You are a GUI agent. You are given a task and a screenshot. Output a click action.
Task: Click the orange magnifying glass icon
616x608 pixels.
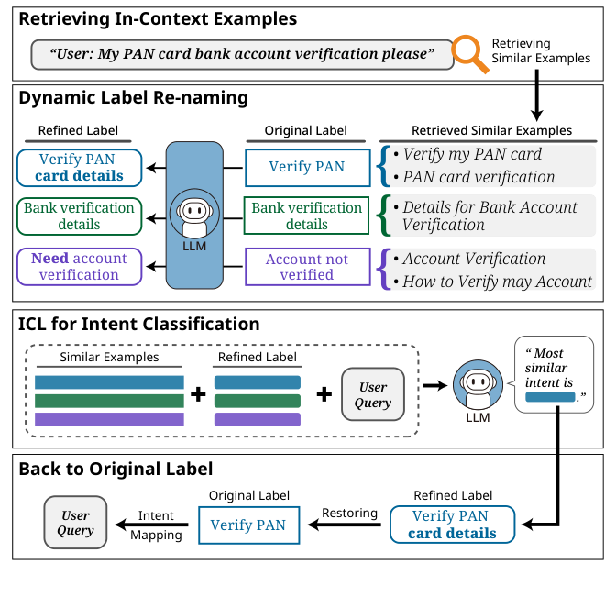(471, 53)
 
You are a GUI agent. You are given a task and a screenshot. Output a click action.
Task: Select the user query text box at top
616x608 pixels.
(242, 54)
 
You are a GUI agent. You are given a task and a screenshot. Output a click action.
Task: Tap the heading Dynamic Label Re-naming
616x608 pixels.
(133, 96)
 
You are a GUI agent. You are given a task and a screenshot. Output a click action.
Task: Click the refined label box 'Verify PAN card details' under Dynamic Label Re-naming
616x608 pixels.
(79, 167)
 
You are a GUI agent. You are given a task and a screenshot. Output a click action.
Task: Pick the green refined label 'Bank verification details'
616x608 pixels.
(79, 216)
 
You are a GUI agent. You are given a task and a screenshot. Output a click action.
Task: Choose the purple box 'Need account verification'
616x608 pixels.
(79, 266)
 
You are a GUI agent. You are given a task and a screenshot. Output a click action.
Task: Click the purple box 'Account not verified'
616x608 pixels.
(306, 266)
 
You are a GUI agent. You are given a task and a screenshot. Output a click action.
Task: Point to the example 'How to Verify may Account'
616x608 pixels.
(497, 282)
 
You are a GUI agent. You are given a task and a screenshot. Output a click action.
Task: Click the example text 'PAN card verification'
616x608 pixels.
(478, 176)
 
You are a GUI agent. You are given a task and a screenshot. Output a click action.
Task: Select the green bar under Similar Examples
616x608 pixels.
(109, 401)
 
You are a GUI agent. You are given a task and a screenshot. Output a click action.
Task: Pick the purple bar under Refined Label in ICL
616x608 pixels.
(258, 419)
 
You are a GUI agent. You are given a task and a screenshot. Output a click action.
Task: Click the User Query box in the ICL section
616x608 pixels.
(373, 394)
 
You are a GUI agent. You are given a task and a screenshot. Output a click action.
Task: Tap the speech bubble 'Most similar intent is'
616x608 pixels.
(553, 374)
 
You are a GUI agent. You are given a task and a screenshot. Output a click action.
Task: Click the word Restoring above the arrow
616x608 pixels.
(348, 513)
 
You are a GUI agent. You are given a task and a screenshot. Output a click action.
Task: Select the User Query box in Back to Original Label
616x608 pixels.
(75, 523)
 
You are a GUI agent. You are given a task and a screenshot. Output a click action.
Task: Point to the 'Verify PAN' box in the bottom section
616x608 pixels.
(247, 525)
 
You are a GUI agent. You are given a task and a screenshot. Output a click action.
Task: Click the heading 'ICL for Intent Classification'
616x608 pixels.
(139, 323)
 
